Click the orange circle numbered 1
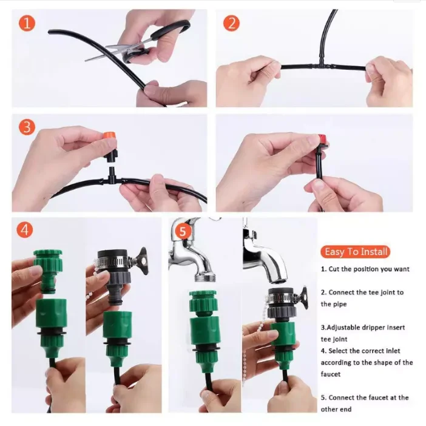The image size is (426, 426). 27,23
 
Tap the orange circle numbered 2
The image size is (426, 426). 231,23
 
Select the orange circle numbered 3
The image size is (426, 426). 27,127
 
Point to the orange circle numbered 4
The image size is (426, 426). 25,229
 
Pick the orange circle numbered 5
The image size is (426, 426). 183,231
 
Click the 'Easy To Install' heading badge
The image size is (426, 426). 356,252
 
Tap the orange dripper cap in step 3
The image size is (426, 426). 109,136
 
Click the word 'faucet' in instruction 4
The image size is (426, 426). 331,374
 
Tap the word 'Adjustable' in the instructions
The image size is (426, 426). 343,327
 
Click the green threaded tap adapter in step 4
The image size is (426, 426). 49,271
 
